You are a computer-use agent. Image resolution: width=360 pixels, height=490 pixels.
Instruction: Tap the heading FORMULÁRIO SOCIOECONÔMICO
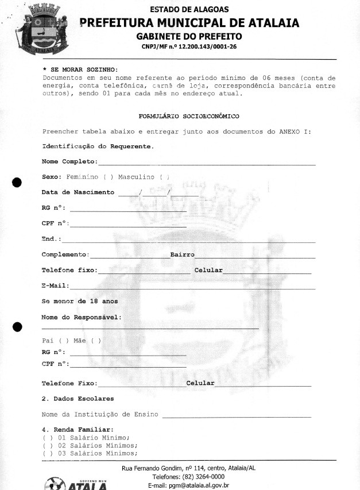click(189, 116)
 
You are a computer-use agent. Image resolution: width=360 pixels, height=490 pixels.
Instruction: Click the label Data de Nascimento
click(78, 192)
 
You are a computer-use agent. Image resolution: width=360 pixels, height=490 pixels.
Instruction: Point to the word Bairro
click(183, 254)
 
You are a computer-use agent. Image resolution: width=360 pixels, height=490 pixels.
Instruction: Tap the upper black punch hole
click(17, 183)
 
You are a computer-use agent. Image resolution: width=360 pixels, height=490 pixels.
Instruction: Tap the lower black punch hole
click(17, 327)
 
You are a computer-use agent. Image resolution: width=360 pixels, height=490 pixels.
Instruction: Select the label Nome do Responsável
click(82, 317)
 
